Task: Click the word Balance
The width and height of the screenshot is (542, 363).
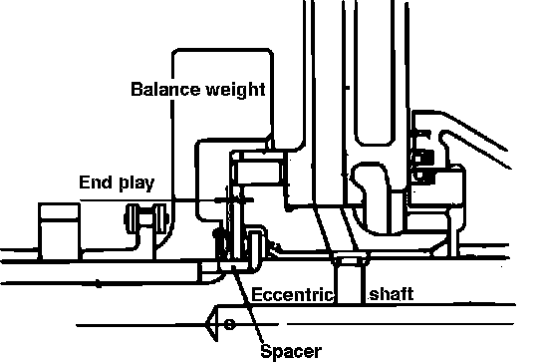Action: pyautogui.click(x=165, y=89)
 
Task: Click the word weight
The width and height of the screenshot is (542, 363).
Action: pyautogui.click(x=236, y=90)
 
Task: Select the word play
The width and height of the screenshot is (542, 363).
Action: pyautogui.click(x=136, y=183)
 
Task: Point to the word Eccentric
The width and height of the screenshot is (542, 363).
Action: pyautogui.click(x=293, y=295)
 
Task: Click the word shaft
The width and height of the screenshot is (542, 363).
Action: pyautogui.click(x=392, y=294)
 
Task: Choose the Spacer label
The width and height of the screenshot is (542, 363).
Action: pyautogui.click(x=291, y=352)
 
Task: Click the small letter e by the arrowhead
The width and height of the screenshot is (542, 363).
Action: pyautogui.click(x=229, y=324)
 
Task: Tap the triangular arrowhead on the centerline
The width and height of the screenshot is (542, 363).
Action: pyautogui.click(x=212, y=323)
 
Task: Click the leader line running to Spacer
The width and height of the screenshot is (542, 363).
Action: pyautogui.click(x=247, y=304)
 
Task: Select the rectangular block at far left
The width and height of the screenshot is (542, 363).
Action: pyautogui.click(x=59, y=231)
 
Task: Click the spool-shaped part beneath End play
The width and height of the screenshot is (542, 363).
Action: pyautogui.click(x=146, y=218)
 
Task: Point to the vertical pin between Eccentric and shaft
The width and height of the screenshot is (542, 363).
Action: pyautogui.click(x=350, y=280)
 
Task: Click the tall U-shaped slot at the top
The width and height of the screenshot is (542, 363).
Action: pyautogui.click(x=375, y=73)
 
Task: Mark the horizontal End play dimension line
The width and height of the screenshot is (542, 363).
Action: pyautogui.click(x=166, y=200)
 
